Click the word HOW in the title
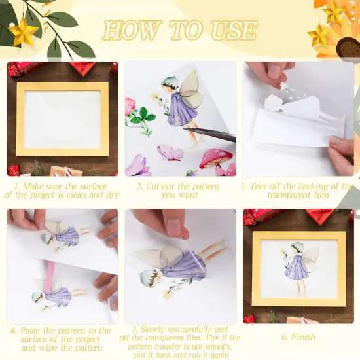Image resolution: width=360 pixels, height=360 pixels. click(128, 29)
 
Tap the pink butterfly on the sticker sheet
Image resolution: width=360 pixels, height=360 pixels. click(170, 153)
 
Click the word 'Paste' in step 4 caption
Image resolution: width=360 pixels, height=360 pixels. click(33, 331)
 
